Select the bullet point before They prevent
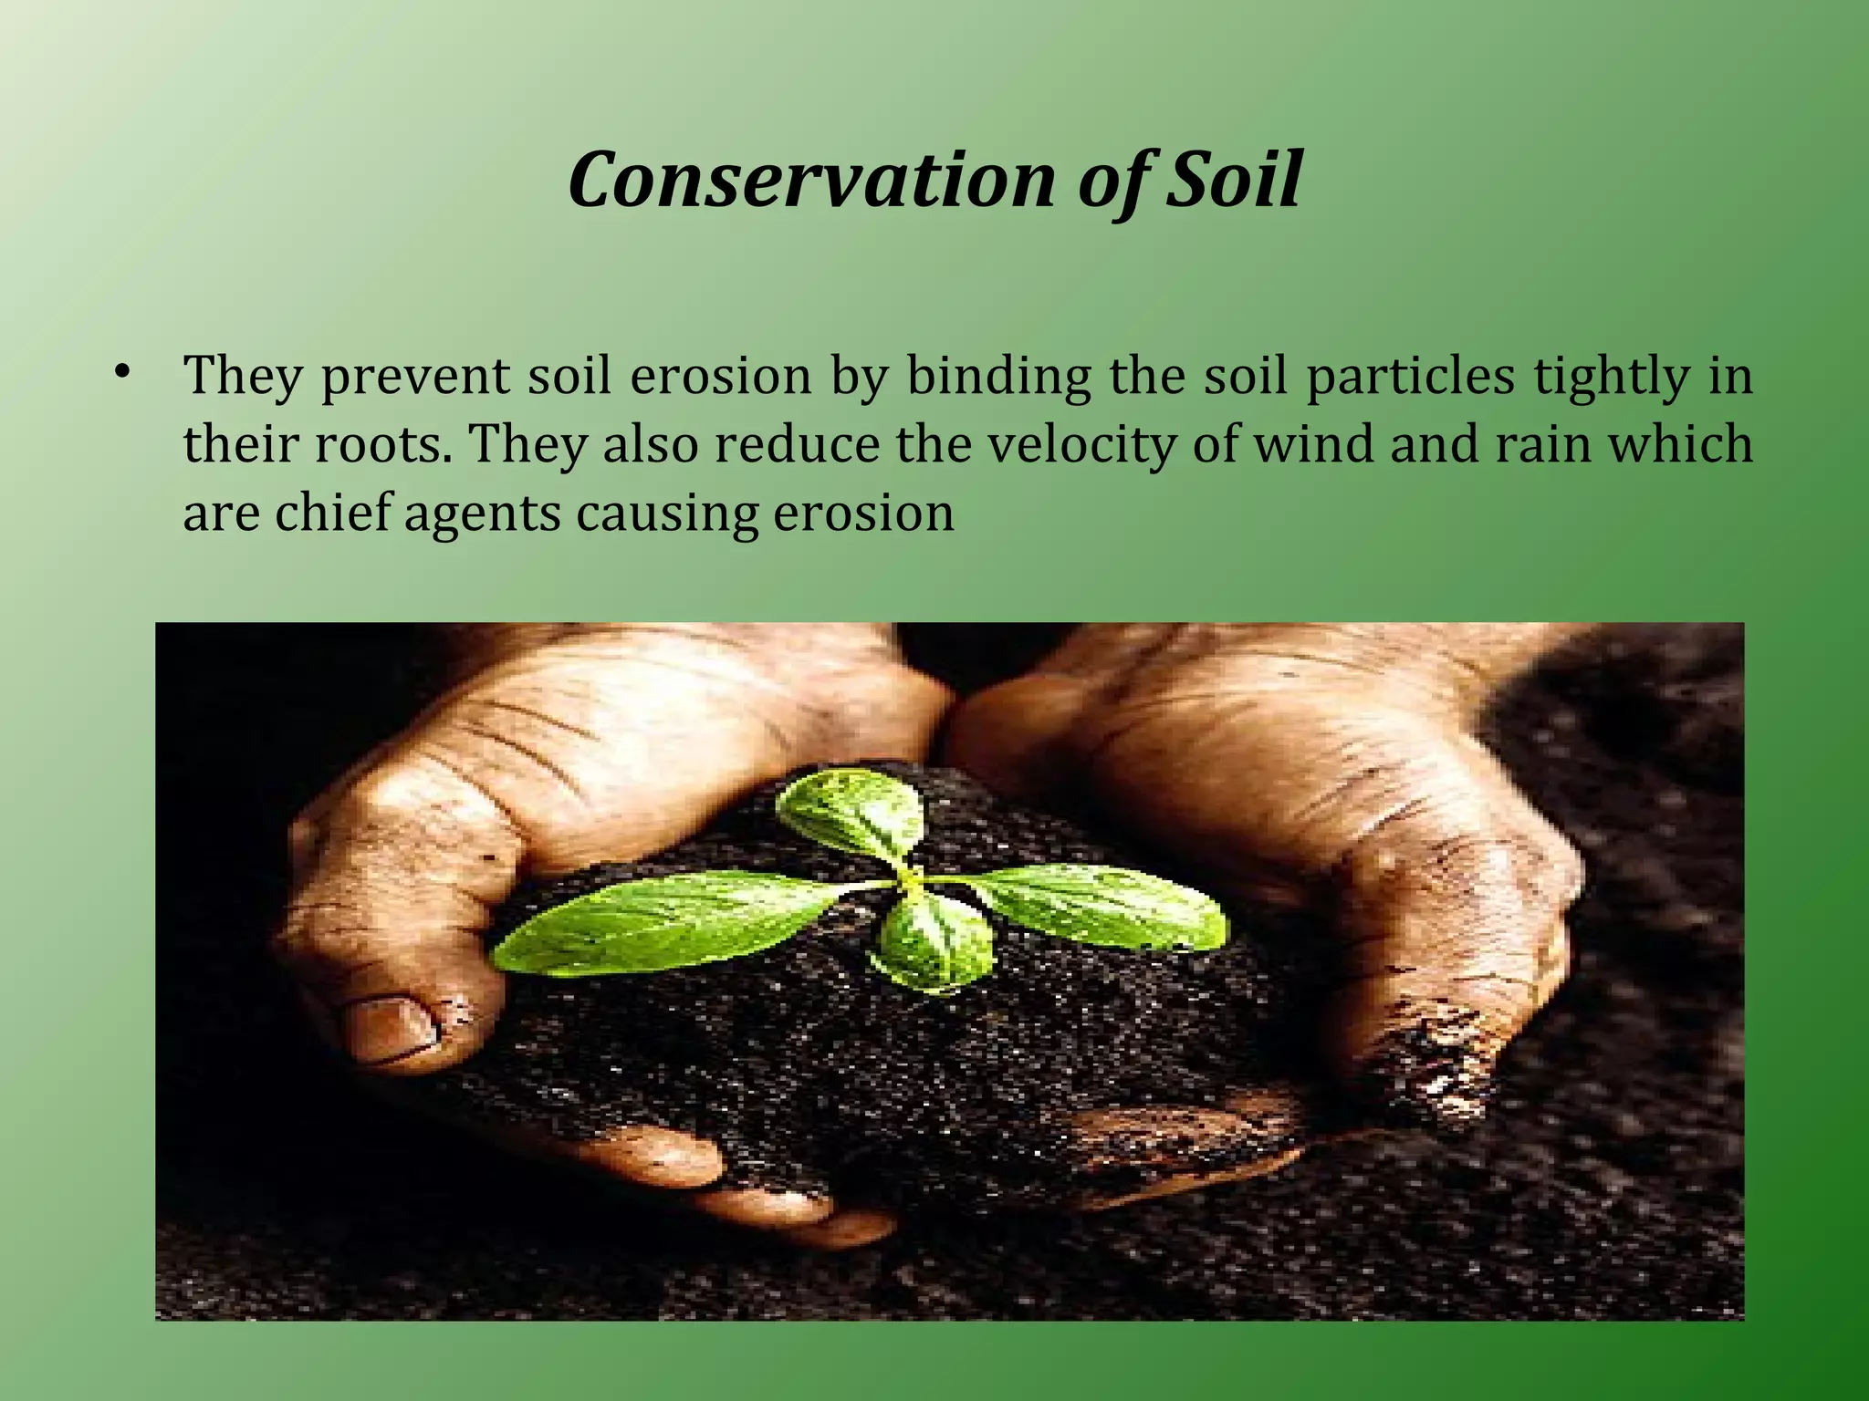click(121, 372)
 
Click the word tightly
click(1612, 376)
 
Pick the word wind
click(1313, 444)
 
